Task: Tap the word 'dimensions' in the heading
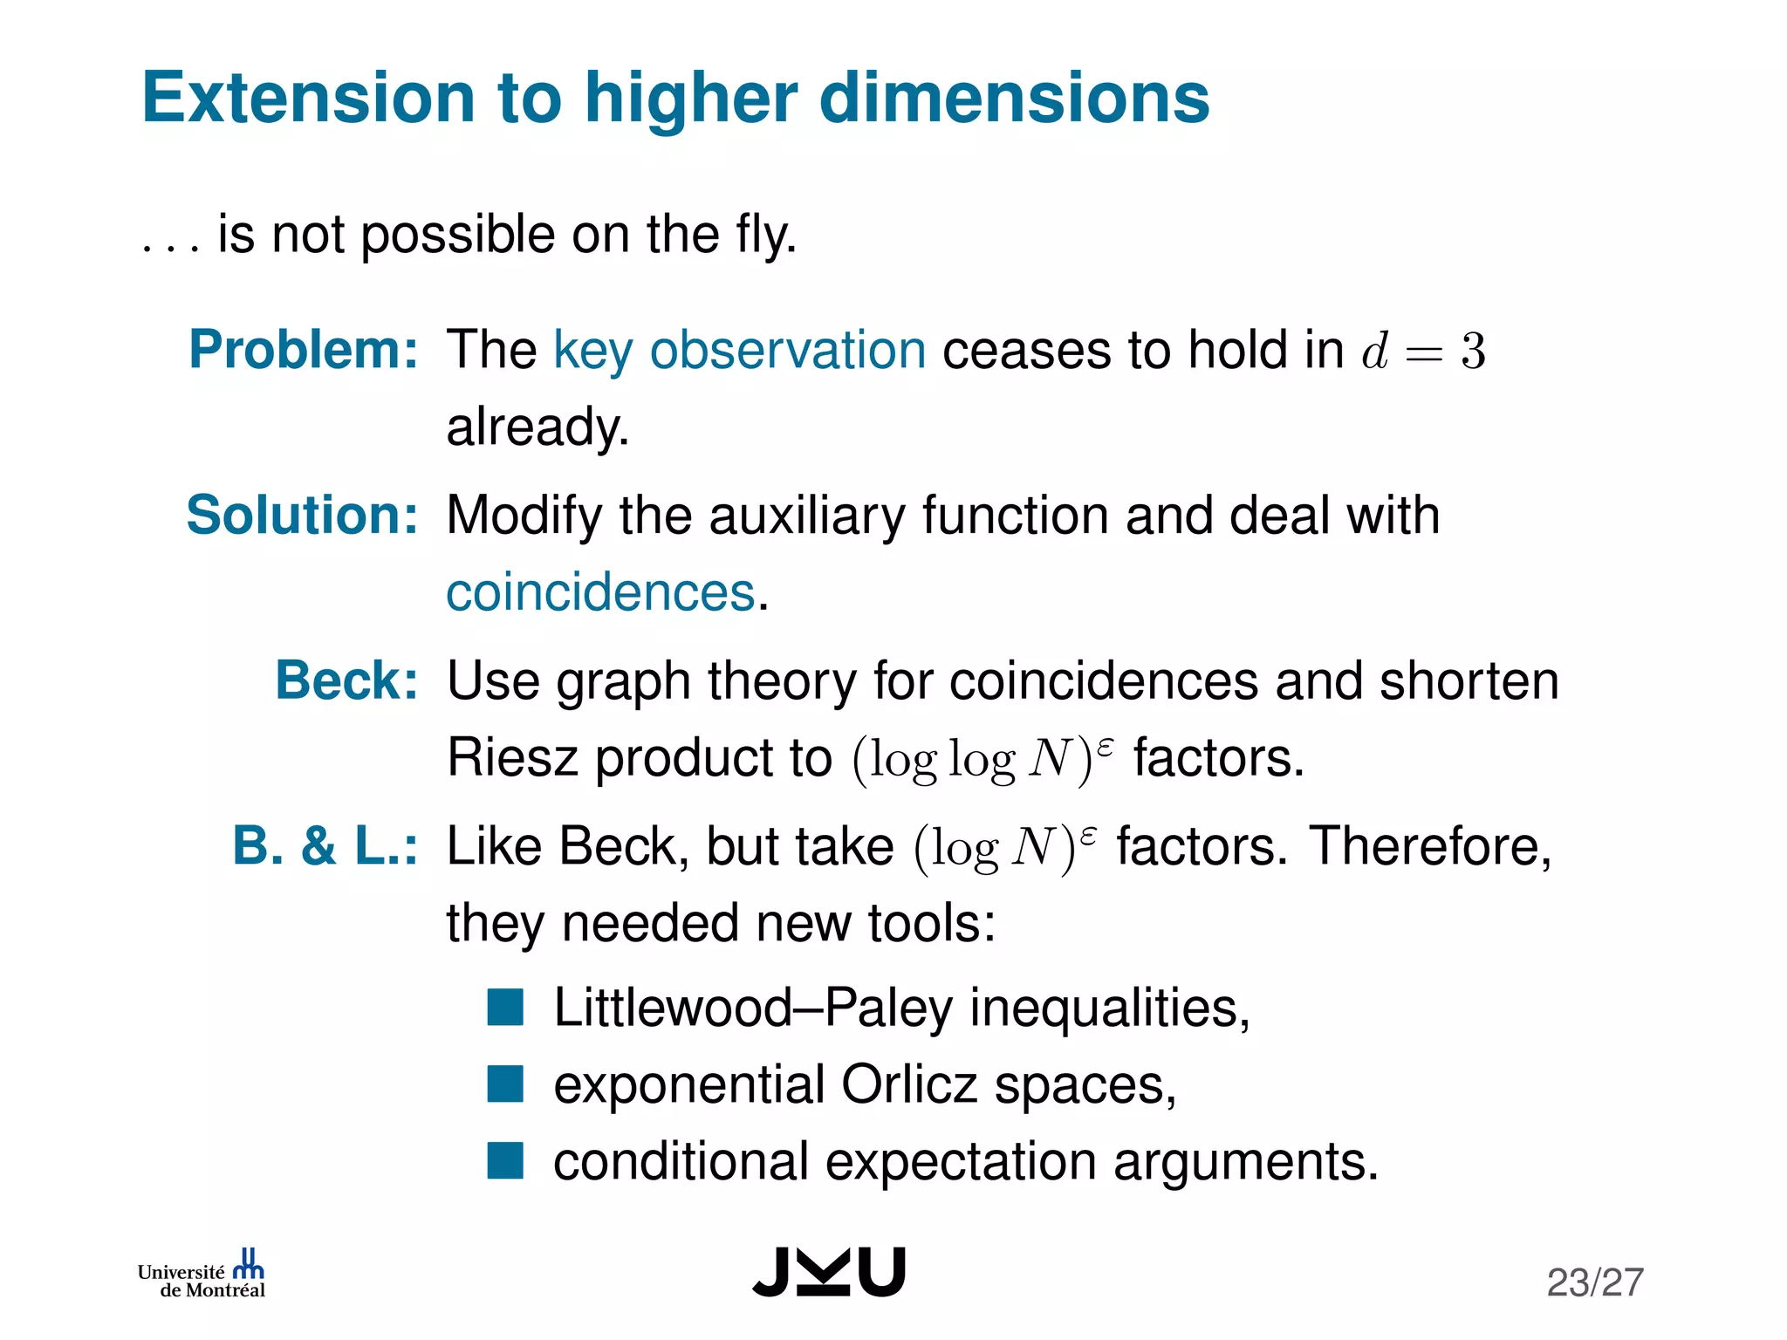point(1014,98)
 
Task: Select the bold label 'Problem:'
point(304,350)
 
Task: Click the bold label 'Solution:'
point(303,515)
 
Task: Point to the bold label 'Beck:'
point(346,680)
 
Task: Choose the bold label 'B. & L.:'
point(325,845)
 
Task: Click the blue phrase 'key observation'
point(739,350)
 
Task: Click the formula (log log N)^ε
point(983,759)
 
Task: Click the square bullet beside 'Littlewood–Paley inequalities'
point(505,1007)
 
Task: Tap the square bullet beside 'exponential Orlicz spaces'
point(505,1084)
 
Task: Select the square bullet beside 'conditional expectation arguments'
point(505,1161)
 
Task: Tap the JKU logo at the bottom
point(829,1272)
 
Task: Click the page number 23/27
point(1595,1282)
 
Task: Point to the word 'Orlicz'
point(909,1084)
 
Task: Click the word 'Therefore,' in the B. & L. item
point(1430,846)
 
